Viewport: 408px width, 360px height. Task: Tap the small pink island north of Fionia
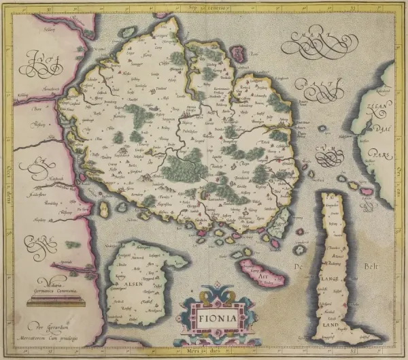tap(239, 53)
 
